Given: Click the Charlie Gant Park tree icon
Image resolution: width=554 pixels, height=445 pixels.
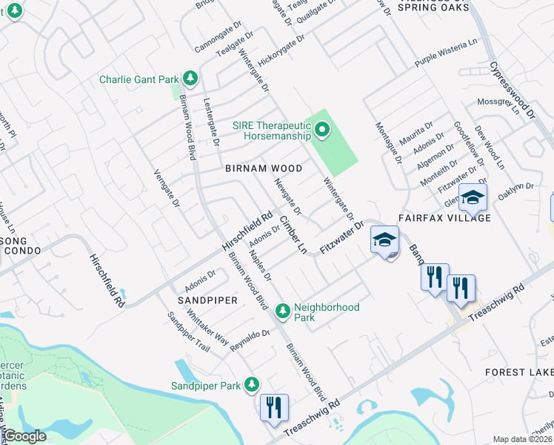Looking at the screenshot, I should click(190, 78).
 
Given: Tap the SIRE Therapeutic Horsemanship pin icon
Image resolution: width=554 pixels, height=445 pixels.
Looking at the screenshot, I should click(322, 131).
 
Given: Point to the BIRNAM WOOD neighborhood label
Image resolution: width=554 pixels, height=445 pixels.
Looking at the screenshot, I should click(264, 168).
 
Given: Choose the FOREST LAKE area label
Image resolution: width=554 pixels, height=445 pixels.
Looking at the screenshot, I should click(519, 372).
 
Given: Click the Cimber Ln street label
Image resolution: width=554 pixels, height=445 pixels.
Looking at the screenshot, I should click(293, 235).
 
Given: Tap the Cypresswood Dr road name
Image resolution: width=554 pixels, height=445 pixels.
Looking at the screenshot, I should click(512, 90).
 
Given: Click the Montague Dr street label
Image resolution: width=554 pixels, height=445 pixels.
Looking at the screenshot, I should click(387, 142).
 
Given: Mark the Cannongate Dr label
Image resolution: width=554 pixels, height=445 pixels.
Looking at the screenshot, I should click(218, 42).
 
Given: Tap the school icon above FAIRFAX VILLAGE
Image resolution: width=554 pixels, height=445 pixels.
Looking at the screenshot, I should click(473, 198).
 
